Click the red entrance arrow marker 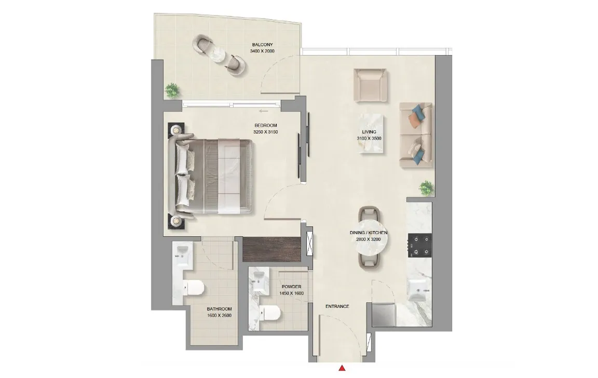[342, 369]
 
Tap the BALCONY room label [262, 45]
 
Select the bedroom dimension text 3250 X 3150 [266, 132]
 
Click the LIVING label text [369, 132]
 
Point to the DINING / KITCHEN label [369, 233]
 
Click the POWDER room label [291, 287]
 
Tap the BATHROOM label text [219, 308]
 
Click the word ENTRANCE [337, 306]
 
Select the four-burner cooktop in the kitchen [419, 245]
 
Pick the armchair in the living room [370, 85]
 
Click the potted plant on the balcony [172, 90]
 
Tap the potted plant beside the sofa [427, 187]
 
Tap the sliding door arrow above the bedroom [263, 111]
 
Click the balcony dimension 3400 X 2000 [262, 51]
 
